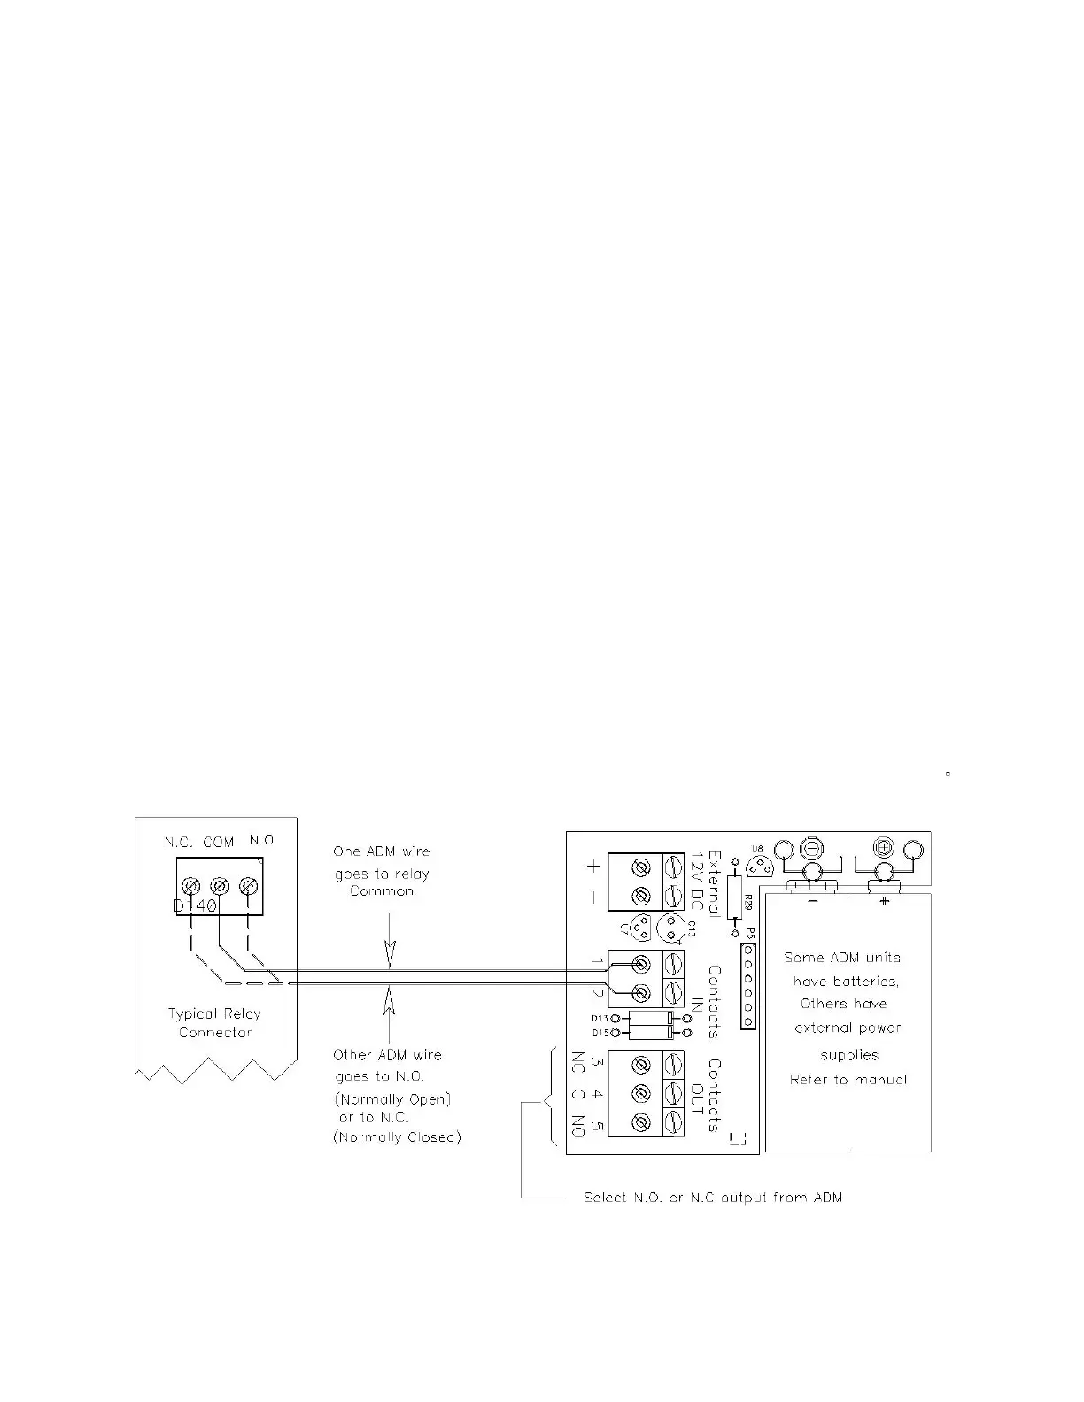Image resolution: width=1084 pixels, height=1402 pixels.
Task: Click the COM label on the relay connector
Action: point(219,842)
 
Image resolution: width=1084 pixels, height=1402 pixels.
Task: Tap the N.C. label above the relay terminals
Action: point(179,842)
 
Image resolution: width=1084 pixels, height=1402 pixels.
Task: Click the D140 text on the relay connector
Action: point(194,907)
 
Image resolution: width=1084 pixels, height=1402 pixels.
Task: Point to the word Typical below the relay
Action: point(190,1013)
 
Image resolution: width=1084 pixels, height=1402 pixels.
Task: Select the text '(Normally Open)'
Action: point(392,1099)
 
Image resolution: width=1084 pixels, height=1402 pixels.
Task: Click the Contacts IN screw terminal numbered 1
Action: point(642,963)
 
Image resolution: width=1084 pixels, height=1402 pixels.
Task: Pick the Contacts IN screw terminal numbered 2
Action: point(642,992)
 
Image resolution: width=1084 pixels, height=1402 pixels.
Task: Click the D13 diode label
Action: point(600,1019)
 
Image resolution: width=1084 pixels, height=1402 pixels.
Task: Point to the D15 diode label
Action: point(600,1033)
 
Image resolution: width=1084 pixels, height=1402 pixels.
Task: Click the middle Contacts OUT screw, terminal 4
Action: point(642,1093)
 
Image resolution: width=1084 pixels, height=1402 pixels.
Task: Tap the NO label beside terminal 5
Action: point(577,1128)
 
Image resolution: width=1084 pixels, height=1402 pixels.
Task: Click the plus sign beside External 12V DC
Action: point(592,867)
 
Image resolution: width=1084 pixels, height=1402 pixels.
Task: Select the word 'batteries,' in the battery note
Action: point(846,982)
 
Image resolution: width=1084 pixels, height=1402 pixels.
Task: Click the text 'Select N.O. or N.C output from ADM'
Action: point(713,1198)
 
